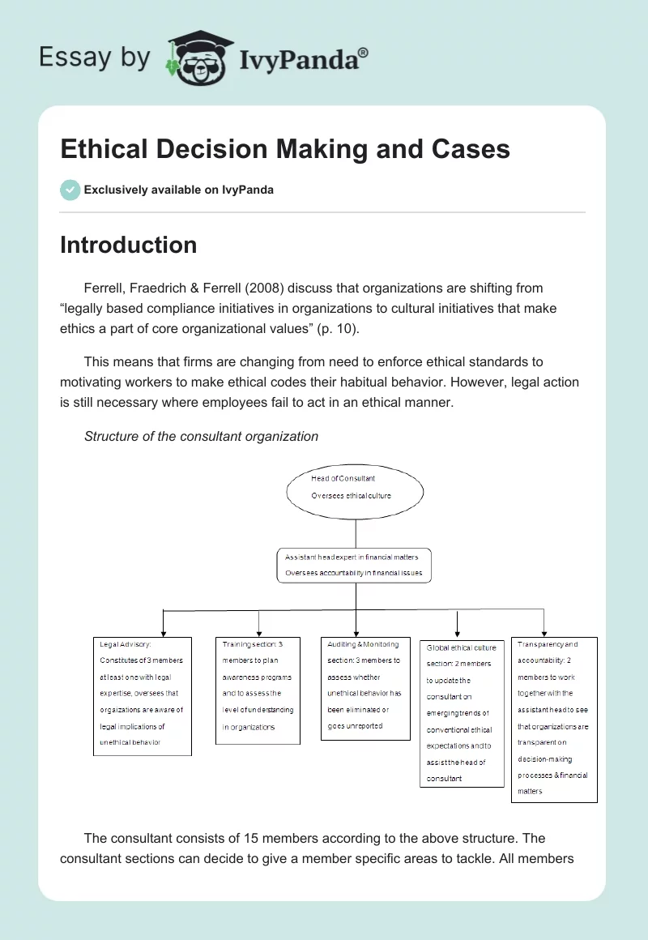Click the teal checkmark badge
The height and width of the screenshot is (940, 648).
[70, 190]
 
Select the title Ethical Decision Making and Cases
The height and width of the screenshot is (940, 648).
[285, 149]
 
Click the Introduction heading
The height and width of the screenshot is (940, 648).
[129, 245]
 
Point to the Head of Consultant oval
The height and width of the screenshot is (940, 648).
[355, 487]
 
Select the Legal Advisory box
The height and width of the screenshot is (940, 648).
[142, 696]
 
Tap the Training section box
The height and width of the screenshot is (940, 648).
[258, 690]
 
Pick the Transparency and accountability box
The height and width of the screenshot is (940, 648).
[554, 720]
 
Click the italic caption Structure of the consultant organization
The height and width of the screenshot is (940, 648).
[201, 436]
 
